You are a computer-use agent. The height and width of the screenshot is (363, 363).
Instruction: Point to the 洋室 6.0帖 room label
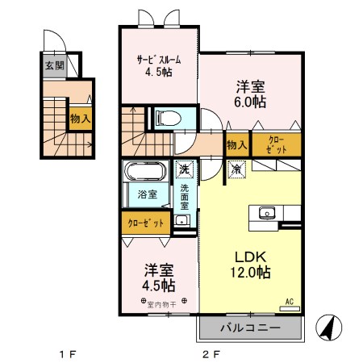point(251,94)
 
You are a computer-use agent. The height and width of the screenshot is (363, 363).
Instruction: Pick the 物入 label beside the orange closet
point(236,146)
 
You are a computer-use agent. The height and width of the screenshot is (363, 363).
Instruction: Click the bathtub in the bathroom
point(146,171)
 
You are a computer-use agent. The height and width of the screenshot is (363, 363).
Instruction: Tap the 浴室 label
point(146,195)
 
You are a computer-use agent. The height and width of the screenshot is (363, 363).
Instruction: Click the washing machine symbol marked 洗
point(185,170)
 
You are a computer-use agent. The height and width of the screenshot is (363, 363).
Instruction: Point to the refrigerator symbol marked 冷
point(237,170)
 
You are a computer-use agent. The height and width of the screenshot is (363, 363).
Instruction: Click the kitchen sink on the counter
point(266,213)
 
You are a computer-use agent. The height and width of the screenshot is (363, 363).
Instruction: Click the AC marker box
point(288,303)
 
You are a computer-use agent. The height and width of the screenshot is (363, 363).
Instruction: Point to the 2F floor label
point(211,353)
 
